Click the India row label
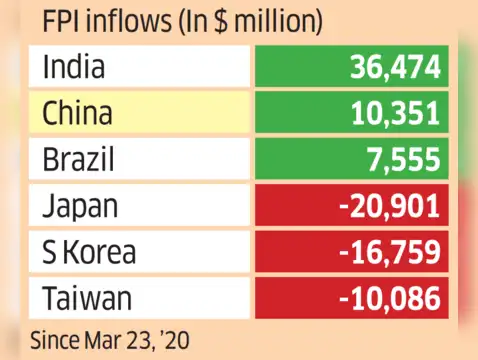pyautogui.click(x=74, y=66)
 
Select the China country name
pyautogui.click(x=77, y=112)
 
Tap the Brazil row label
pyautogui.click(x=78, y=158)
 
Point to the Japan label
pyautogui.click(x=80, y=207)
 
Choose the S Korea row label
pyautogui.click(x=89, y=252)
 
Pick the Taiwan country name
pyautogui.click(x=87, y=298)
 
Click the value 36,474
pyautogui.click(x=395, y=67)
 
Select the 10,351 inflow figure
pyautogui.click(x=396, y=113)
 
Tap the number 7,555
pyautogui.click(x=404, y=160)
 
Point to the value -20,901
pyautogui.click(x=390, y=206)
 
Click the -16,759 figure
pyautogui.click(x=390, y=252)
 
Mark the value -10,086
pyautogui.click(x=390, y=298)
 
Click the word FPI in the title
pyautogui.click(x=62, y=20)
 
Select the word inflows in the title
pyautogui.click(x=130, y=20)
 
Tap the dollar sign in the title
pyautogui.click(x=220, y=20)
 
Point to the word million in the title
pyautogui.click(x=275, y=20)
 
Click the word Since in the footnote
pyautogui.click(x=55, y=340)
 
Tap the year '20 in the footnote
pyautogui.click(x=176, y=341)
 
